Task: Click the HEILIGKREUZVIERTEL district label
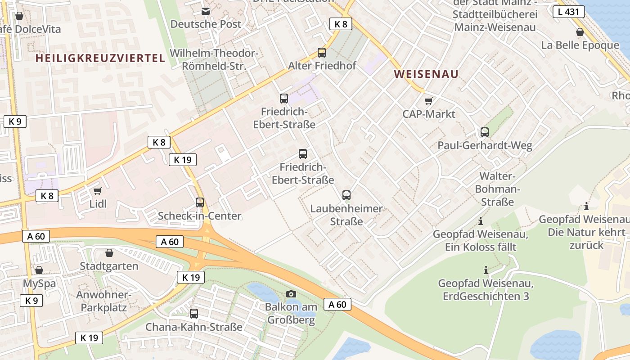coord(100,58)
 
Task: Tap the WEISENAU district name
coord(426,74)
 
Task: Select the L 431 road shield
coord(568,12)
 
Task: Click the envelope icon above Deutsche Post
coord(206,11)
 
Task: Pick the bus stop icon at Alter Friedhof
coord(322,53)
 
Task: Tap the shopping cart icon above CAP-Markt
coord(429,101)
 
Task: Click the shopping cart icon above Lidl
coord(98,191)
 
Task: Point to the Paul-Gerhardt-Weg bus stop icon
coord(485,132)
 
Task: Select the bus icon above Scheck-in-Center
coord(200,203)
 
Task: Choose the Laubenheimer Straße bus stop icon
coord(346,195)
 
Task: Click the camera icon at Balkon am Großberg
coord(291,294)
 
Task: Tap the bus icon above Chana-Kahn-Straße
coord(194,314)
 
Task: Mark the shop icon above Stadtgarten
coord(109,253)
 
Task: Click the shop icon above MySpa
coord(39,270)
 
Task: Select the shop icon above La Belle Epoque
coord(580,32)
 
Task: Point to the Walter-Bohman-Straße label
coord(497,189)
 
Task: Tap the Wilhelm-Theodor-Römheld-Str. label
coord(214,59)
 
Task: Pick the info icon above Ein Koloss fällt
coord(481,221)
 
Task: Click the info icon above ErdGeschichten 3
coord(486,270)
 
